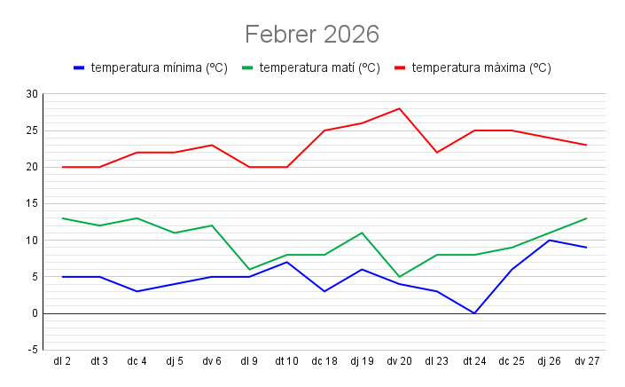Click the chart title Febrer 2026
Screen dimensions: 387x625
tap(312, 35)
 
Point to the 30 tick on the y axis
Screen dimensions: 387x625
tap(33, 94)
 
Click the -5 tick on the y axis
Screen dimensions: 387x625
tap(33, 350)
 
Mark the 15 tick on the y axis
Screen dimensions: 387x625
tap(33, 203)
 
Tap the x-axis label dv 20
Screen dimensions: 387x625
tap(399, 361)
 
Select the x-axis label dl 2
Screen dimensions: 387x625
tap(62, 361)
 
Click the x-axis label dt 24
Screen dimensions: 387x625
tap(474, 361)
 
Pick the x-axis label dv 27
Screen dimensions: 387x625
tap(587, 361)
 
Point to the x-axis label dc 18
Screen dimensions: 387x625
tap(324, 361)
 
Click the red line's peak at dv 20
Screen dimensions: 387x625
tap(400, 108)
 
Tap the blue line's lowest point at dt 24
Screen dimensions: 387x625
tap(474, 313)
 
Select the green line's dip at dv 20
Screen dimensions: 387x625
tap(400, 277)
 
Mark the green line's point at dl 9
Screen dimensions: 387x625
tap(249, 269)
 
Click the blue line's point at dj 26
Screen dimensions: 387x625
tap(550, 240)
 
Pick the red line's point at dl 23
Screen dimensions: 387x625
tap(437, 153)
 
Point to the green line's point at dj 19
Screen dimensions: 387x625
tap(362, 233)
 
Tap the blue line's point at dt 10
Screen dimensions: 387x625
tap(287, 262)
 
